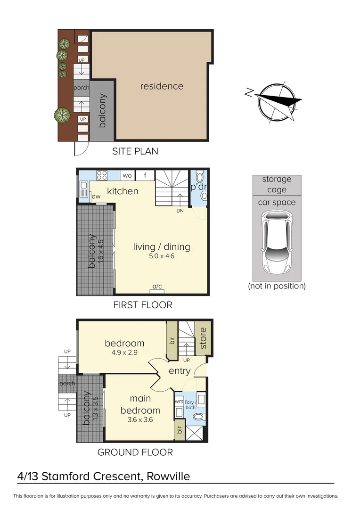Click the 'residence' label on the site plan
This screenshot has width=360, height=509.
coord(162,86)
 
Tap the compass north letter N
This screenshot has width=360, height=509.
coord(249,92)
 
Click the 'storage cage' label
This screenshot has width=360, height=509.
coord(277,184)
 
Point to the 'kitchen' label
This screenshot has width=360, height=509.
coord(123,191)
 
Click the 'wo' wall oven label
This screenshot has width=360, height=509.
coord(127,176)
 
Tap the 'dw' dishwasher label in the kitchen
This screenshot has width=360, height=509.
coord(96,197)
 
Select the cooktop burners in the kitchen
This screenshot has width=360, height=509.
coord(102,175)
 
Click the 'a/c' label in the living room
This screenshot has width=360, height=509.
coord(157,287)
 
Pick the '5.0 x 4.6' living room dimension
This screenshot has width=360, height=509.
coord(162,256)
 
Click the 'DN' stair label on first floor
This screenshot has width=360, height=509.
coord(180,211)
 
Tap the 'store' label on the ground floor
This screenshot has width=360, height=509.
coord(203,338)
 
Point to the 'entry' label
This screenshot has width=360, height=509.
coord(180,371)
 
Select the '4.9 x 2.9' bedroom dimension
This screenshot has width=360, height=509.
coord(125,353)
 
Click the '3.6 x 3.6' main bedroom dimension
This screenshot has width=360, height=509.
coord(140,420)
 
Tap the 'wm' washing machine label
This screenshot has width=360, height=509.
coord(179,402)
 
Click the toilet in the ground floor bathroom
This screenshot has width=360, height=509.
coord(199,417)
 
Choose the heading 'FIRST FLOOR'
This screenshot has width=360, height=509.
coord(143,305)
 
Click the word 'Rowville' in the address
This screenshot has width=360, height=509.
coord(168,476)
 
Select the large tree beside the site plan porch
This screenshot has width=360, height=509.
coord(62,115)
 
